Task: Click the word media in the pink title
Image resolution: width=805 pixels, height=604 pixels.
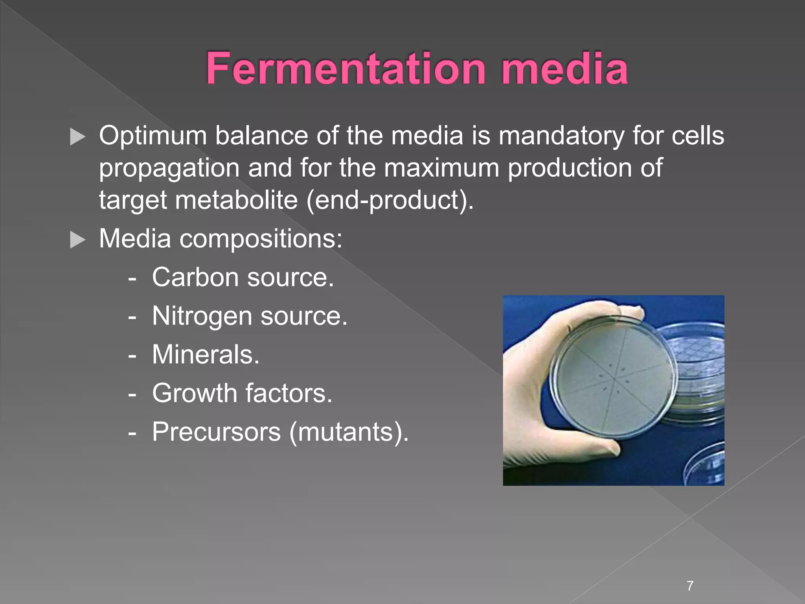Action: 564,69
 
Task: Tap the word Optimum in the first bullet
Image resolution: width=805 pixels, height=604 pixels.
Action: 153,136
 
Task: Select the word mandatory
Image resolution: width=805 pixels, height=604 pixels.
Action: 561,136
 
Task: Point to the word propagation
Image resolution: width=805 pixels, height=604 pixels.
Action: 169,168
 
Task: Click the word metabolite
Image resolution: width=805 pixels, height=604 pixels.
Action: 236,200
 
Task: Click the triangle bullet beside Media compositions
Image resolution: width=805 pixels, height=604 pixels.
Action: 77,239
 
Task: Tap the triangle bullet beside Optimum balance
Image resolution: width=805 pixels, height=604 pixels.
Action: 77,137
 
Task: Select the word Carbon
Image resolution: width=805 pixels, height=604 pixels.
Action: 195,277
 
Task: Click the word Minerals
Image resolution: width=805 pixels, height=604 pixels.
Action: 206,354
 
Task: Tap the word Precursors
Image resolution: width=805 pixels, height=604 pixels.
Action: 216,432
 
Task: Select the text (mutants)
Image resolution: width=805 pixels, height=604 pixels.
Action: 349,432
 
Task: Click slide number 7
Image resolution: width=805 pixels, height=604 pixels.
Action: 690,586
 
